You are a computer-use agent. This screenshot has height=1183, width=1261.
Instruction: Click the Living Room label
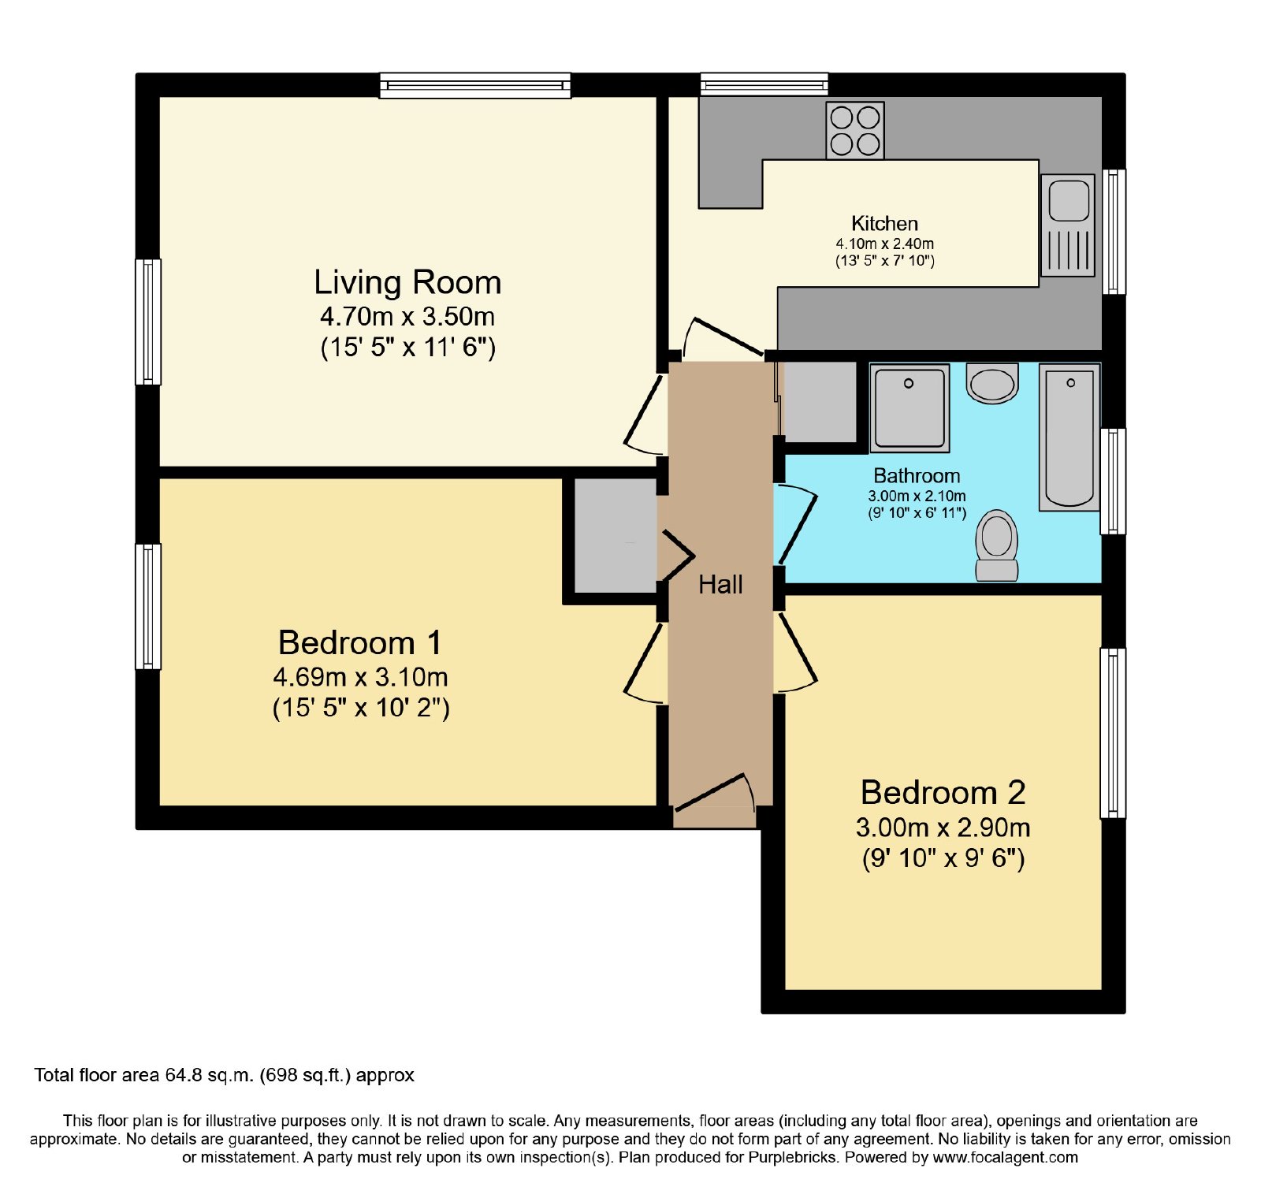407,282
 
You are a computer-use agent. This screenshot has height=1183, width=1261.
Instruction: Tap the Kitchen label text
884,224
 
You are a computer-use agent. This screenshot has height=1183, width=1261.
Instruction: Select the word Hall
720,584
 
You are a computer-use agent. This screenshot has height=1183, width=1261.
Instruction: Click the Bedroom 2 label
943,792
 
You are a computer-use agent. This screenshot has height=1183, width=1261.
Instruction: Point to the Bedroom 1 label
359,642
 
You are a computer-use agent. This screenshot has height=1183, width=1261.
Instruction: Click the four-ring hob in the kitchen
855,130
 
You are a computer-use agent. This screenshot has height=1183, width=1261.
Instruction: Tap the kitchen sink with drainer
1068,225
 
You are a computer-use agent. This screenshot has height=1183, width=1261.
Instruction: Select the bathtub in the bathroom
1069,437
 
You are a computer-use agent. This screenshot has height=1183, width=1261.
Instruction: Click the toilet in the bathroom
997,545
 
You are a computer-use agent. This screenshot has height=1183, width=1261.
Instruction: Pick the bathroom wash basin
992,383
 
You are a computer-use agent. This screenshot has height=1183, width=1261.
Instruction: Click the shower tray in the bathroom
909,407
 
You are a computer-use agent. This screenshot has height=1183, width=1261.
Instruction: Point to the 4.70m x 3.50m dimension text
407,316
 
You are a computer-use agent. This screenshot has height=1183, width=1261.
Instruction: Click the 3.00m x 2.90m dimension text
943,827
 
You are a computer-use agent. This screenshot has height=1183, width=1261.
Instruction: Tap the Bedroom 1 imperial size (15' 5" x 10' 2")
361,707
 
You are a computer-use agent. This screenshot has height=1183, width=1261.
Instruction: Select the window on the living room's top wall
475,85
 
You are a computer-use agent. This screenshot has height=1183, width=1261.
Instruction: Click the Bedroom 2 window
1113,733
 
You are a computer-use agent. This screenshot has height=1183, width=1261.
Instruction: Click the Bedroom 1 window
148,607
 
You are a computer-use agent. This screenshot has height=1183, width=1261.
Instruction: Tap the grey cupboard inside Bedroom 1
616,535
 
